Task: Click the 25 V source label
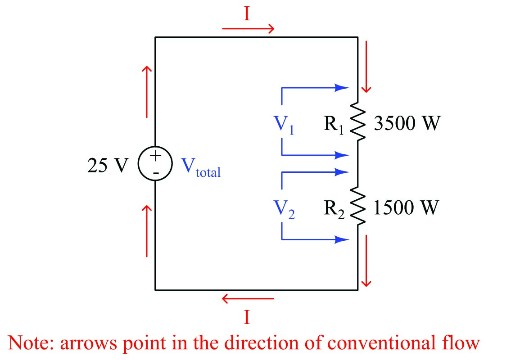click(107, 166)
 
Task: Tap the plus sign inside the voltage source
click(155, 157)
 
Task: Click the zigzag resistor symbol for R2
click(358, 207)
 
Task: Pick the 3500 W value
click(406, 123)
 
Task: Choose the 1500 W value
click(406, 208)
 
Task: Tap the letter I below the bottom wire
click(247, 318)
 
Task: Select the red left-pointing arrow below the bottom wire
click(248, 298)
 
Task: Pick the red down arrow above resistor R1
click(366, 66)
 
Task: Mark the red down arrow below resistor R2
click(366, 260)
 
